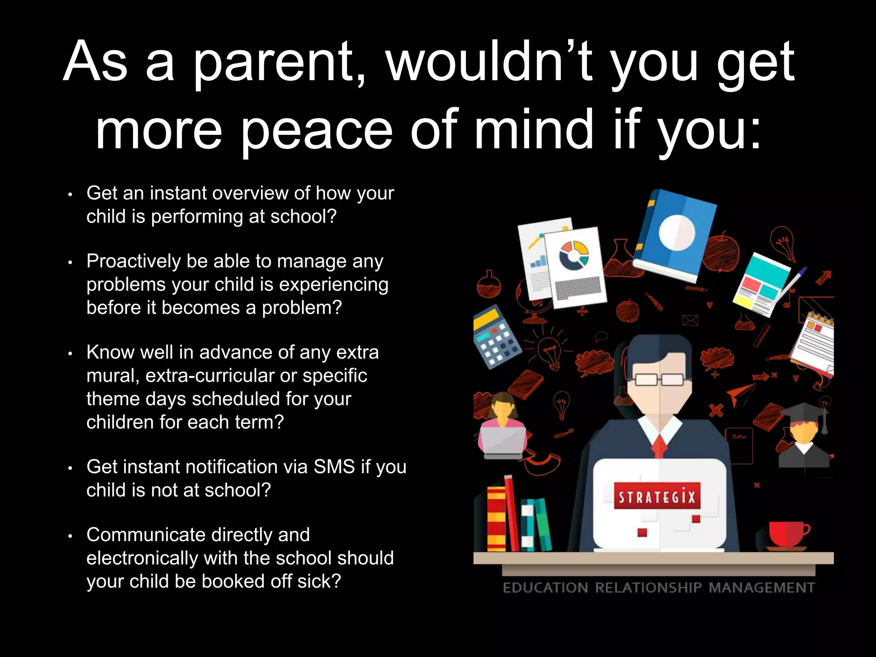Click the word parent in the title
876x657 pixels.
click(x=274, y=63)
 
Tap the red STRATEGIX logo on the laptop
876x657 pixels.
click(x=657, y=497)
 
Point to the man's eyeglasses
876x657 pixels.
click(x=659, y=379)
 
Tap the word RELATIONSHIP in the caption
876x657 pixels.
click(x=648, y=588)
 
